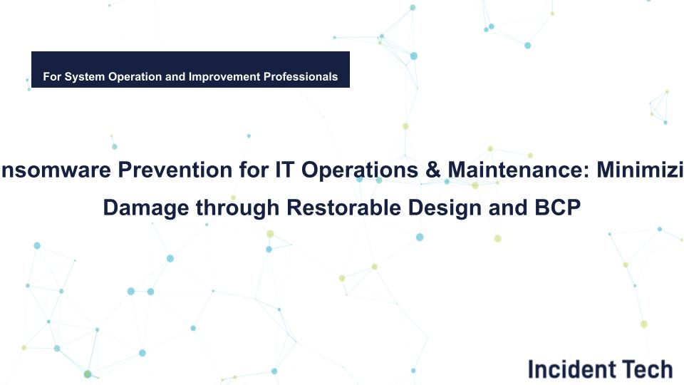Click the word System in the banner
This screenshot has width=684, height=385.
[83, 76]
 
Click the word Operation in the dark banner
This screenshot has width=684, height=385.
[135, 76]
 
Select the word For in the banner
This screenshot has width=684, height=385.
[52, 76]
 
